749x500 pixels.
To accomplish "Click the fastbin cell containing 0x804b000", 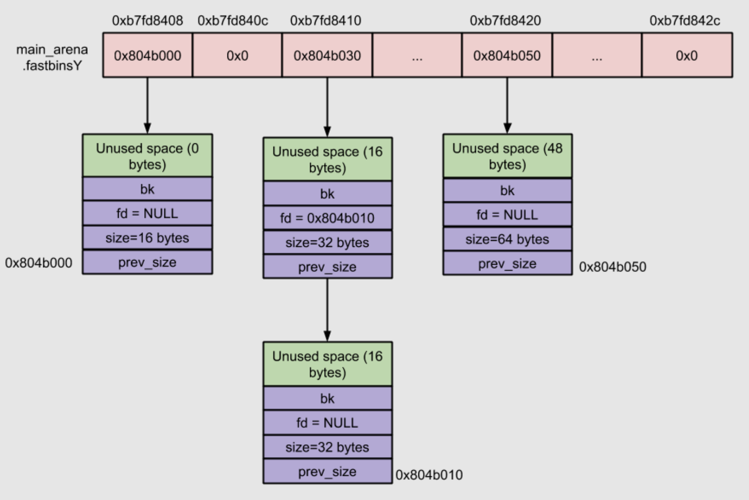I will [x=147, y=55].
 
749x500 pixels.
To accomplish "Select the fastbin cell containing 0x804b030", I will [x=327, y=55].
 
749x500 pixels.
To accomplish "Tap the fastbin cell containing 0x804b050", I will [x=506, y=55].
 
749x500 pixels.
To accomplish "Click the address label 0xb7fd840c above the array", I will [x=233, y=21].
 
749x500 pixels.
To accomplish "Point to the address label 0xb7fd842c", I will [x=685, y=21].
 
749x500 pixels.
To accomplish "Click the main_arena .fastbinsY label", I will [x=52, y=57].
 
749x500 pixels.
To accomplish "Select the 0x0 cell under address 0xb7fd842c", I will [x=686, y=55].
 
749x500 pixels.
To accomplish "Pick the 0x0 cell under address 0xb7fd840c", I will [x=237, y=55].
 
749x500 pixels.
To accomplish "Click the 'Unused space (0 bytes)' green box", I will [x=147, y=156].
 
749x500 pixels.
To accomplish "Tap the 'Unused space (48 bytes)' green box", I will [x=507, y=156].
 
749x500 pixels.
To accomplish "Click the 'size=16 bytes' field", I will [x=147, y=238].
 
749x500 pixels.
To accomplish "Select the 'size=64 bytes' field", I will [x=507, y=239].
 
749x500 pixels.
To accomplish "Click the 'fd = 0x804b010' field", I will [x=327, y=218].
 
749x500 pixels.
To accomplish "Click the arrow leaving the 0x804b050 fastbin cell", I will [x=507, y=105].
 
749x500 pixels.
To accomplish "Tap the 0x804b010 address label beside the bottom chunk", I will [x=429, y=475].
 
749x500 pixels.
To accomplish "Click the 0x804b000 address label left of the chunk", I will [x=38, y=263].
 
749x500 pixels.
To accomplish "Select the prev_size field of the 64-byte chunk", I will [x=507, y=264].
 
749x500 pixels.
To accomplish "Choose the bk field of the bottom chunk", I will [x=327, y=398].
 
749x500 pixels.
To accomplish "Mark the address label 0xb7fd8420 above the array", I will [x=505, y=21].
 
